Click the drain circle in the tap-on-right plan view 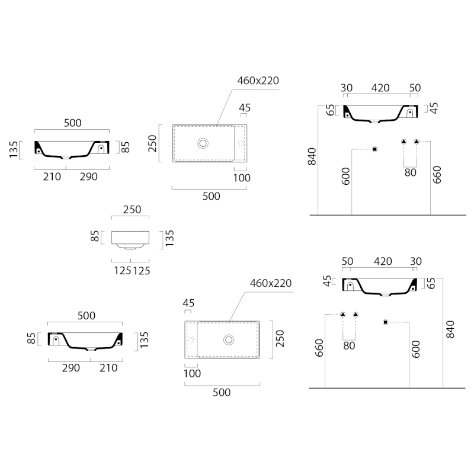[203, 143]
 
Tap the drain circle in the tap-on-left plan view [229, 340]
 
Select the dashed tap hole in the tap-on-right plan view [241, 143]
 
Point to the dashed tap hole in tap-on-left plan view [191, 340]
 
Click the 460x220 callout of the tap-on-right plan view [258, 81]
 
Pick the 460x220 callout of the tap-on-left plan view [271, 283]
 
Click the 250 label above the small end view [132, 210]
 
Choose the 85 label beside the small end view [95, 236]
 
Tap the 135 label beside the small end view [169, 238]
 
